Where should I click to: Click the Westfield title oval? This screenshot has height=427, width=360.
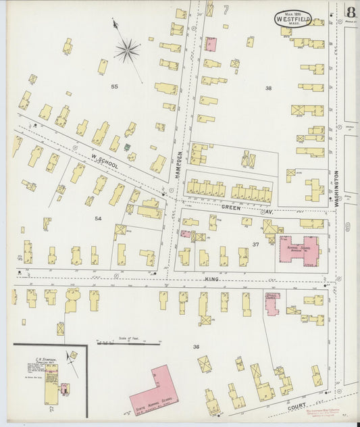point(293,19)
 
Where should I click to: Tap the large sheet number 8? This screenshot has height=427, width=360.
point(351,12)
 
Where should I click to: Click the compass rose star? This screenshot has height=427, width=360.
point(126,49)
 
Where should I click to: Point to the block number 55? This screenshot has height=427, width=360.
point(114,86)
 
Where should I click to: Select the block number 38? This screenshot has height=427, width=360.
point(268,89)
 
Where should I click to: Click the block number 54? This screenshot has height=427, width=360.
point(98,218)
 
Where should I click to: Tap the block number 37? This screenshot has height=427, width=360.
point(256,244)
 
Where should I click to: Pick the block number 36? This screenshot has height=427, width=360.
point(196,347)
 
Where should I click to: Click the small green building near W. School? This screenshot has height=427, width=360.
point(126,147)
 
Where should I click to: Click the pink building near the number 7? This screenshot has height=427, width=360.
point(211,44)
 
